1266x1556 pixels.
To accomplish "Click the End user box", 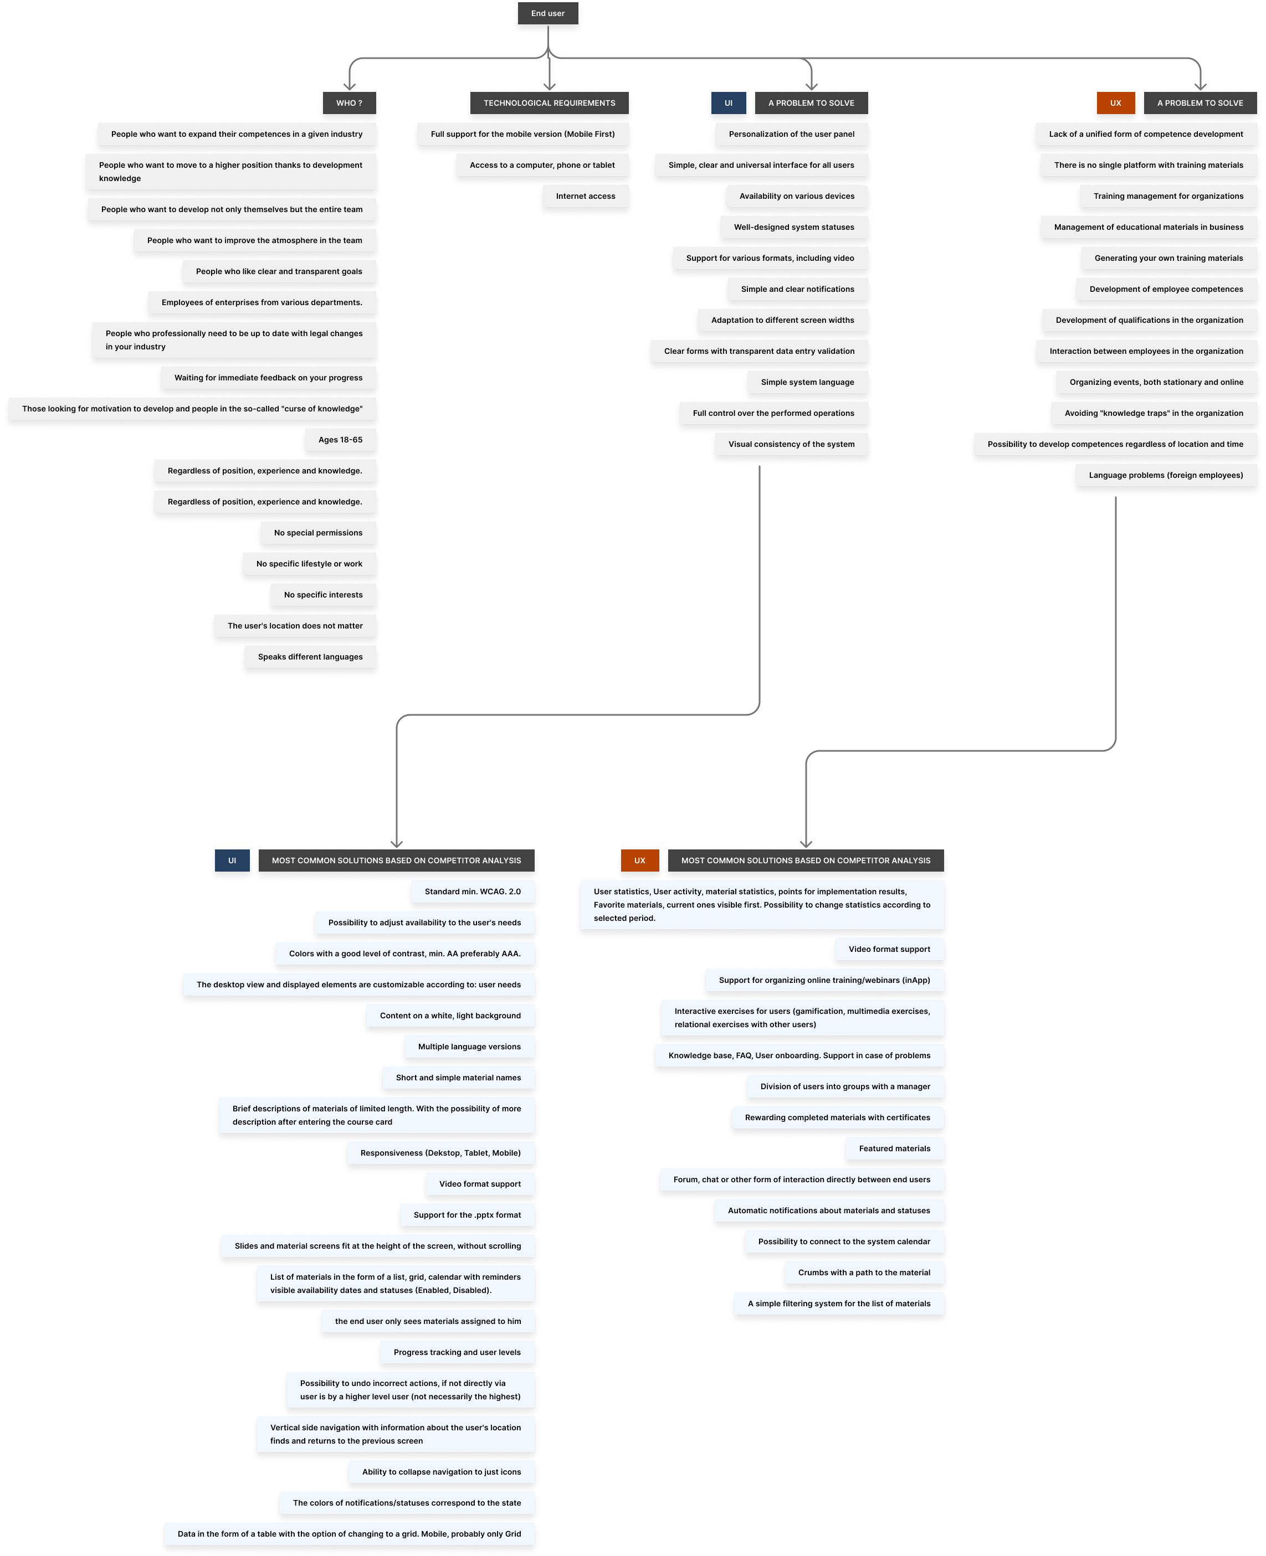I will (547, 13).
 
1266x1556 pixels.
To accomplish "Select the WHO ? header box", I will (349, 103).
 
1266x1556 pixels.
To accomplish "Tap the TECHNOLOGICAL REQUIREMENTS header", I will (549, 103).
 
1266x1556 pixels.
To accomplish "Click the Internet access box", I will (586, 196).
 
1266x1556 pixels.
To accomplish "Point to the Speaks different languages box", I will (310, 657).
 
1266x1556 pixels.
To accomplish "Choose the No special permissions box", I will (318, 533).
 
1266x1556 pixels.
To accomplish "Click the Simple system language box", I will (807, 382).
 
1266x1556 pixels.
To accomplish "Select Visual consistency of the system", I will (791, 444).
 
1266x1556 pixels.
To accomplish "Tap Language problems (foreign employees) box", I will (1166, 475).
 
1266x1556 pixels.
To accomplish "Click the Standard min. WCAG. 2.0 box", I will (473, 892).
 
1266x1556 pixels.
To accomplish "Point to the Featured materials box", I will (895, 1148).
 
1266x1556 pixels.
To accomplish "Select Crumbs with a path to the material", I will (864, 1272).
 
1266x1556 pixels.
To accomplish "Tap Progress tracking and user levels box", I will (457, 1352).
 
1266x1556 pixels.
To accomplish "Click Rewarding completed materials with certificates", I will (838, 1117).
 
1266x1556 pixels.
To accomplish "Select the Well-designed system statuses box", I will (794, 226).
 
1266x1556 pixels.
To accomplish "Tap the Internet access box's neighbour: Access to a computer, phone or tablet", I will (542, 164).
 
